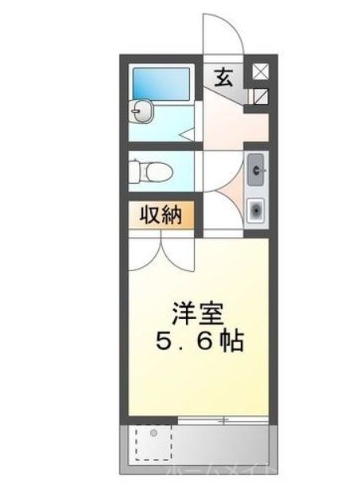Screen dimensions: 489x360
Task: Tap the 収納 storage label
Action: point(162,215)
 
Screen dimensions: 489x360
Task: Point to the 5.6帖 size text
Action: point(199,343)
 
